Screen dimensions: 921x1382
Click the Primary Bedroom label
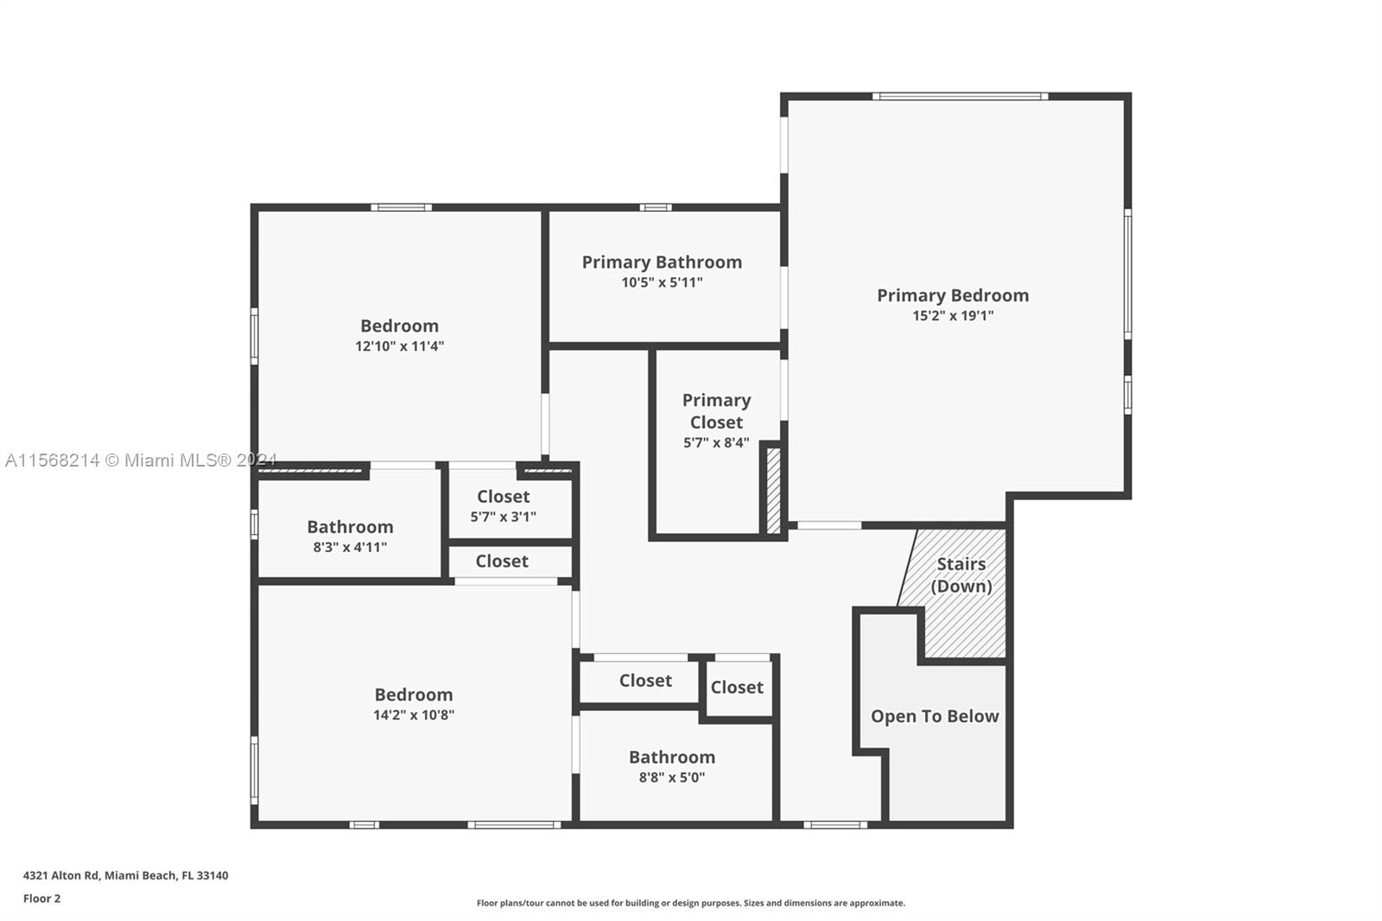(953, 295)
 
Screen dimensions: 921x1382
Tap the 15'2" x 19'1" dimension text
(953, 316)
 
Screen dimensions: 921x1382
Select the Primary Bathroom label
(662, 263)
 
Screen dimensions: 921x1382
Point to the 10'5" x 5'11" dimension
(662, 283)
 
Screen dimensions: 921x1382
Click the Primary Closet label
(716, 411)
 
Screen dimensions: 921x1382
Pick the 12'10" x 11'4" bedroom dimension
(399, 346)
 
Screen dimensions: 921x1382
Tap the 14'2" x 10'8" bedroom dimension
(413, 715)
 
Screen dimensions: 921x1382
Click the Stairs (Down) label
(960, 575)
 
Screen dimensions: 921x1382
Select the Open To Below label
(935, 716)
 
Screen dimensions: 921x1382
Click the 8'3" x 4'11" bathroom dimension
(350, 548)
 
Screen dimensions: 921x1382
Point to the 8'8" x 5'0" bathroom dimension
(671, 778)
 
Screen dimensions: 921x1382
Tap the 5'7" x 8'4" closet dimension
(716, 443)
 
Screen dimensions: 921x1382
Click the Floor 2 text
(41, 899)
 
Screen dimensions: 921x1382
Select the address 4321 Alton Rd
(125, 875)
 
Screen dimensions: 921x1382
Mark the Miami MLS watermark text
(140, 460)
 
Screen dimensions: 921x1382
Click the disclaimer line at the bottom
(690, 903)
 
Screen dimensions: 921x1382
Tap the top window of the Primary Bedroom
(959, 96)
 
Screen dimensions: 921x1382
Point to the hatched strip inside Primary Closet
(774, 490)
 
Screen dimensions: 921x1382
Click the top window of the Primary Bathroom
(656, 207)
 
